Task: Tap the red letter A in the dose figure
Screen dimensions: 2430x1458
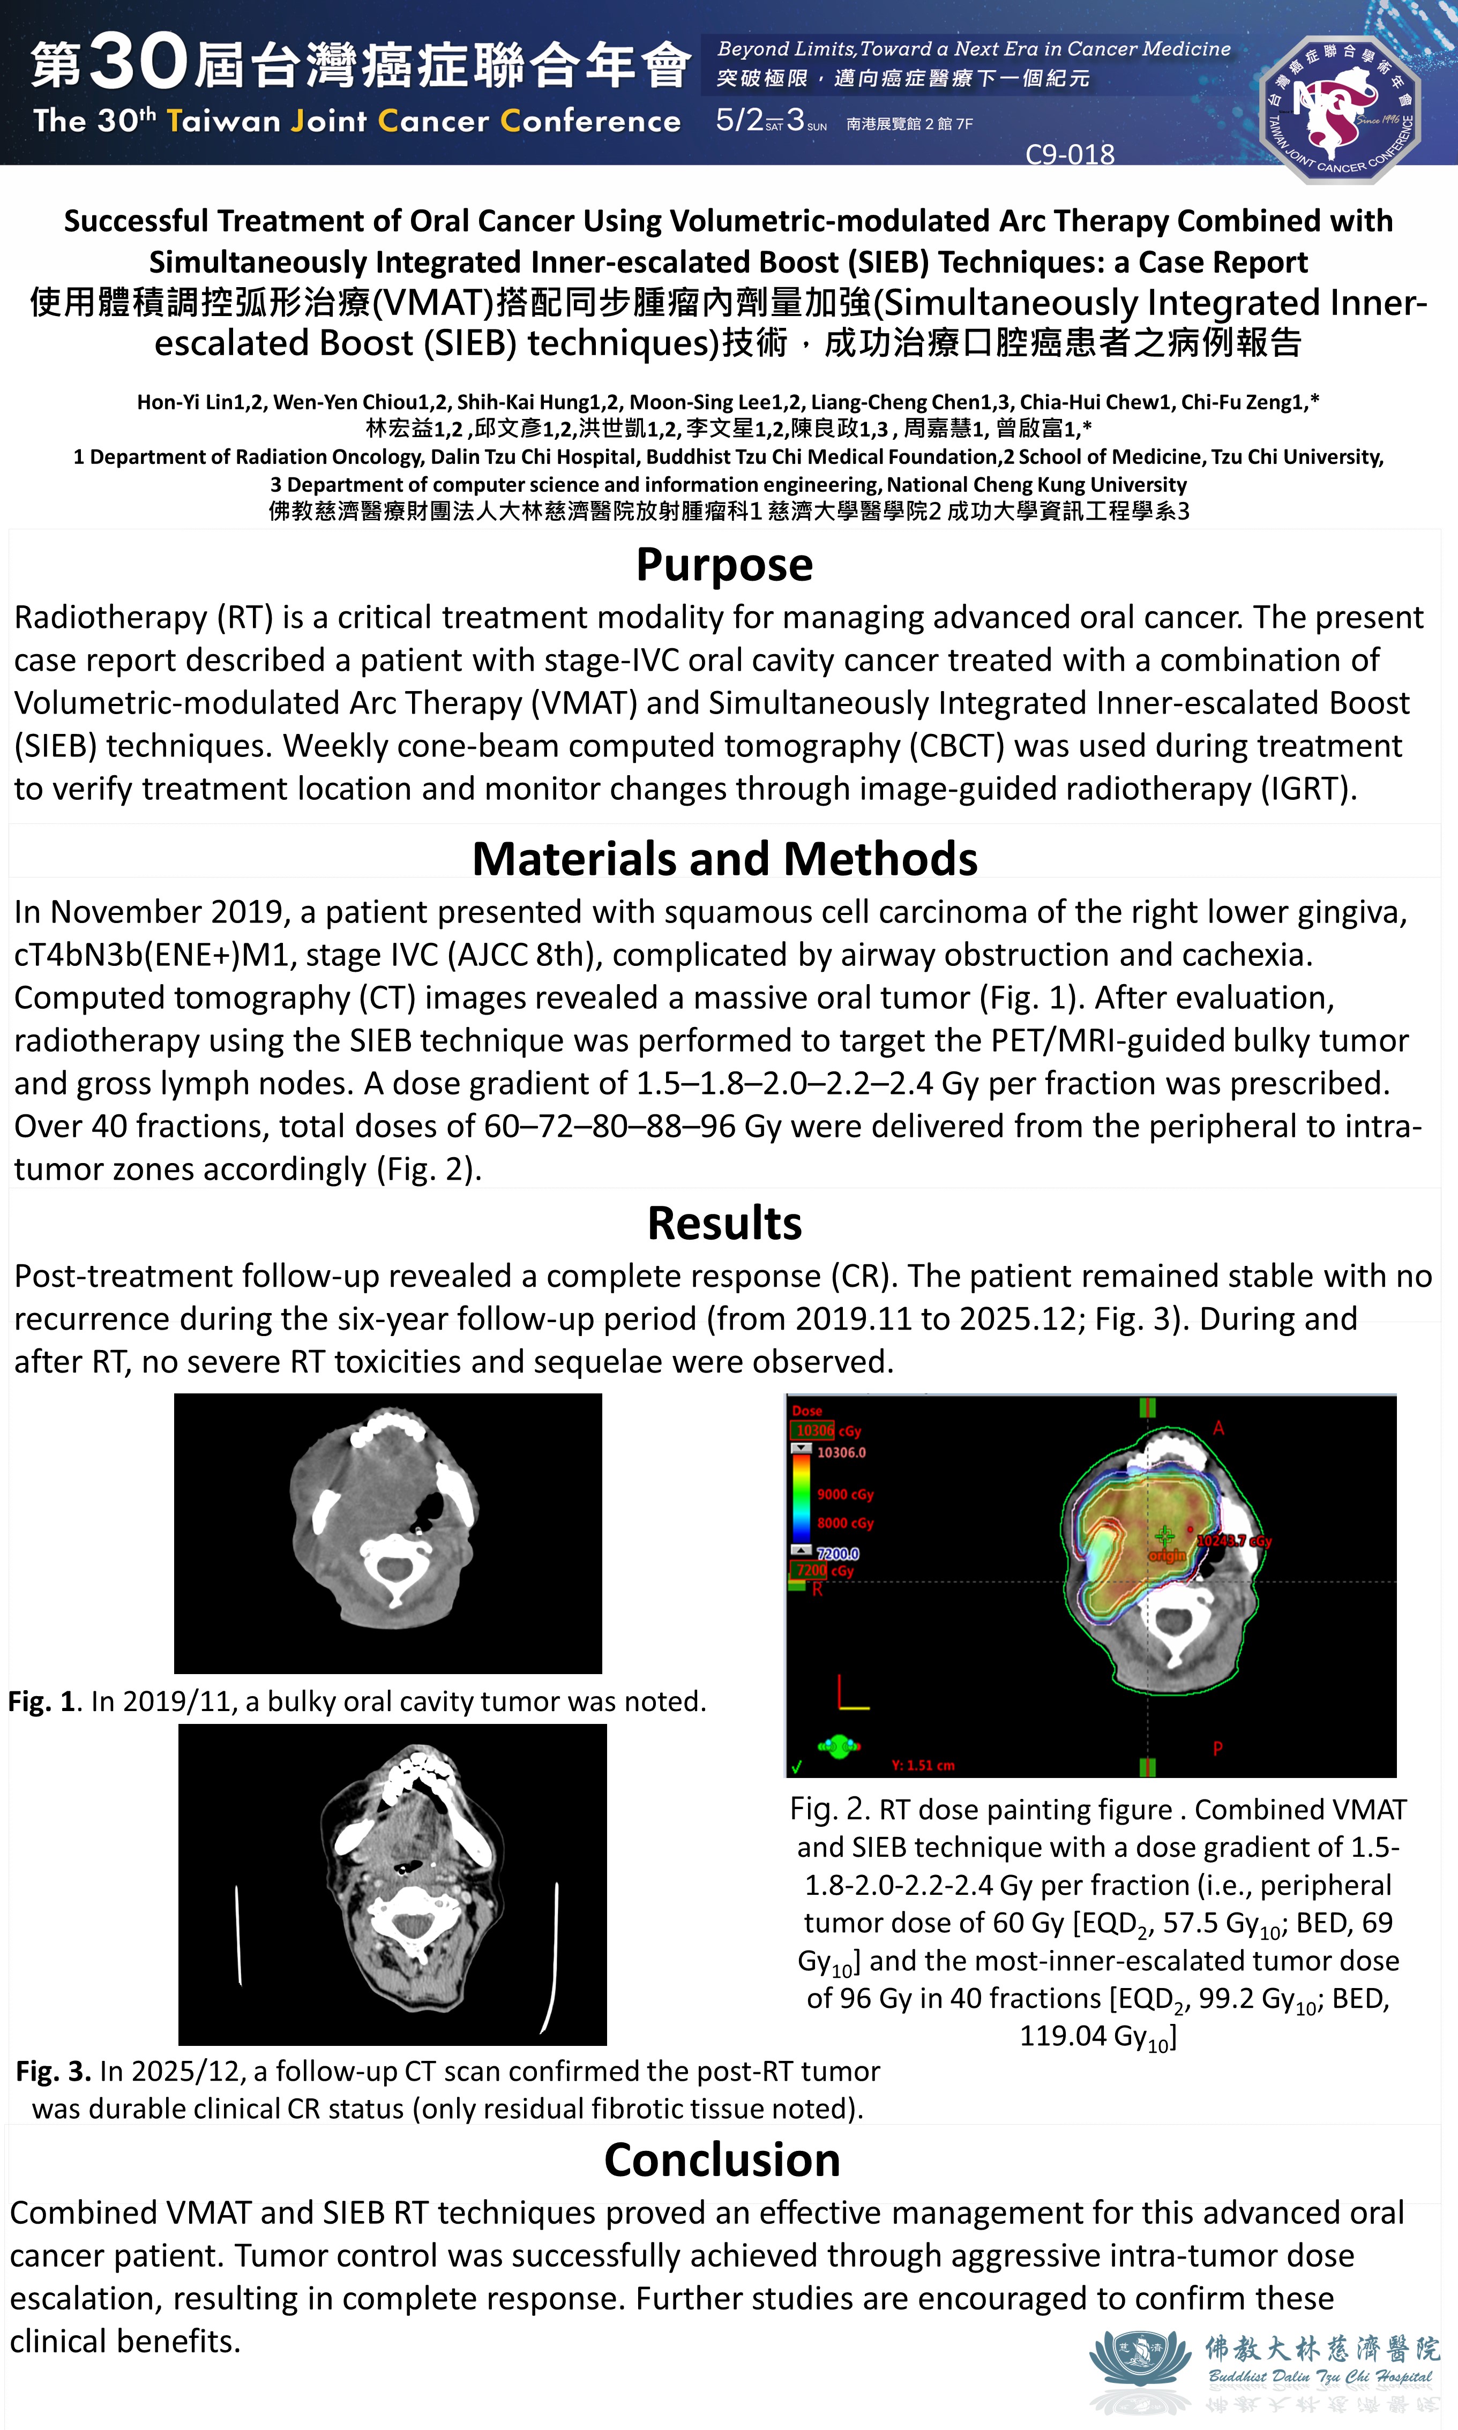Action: point(1218,1428)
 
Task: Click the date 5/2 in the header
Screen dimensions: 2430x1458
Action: point(739,120)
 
